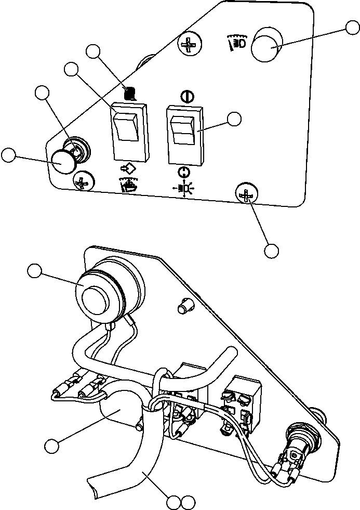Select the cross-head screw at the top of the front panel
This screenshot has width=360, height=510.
188,46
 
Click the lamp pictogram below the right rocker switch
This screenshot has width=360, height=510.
184,188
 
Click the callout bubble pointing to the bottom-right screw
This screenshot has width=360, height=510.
271,250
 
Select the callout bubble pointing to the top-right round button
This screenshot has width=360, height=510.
353,29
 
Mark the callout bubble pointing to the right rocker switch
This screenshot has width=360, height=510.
234,119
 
